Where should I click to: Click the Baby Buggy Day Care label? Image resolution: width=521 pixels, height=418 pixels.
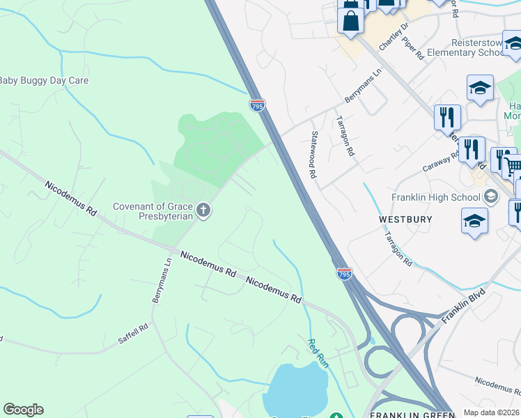coord(44,81)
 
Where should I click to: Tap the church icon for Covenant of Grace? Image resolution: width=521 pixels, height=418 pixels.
coord(203,210)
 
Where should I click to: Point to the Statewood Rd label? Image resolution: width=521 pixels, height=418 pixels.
coord(314,154)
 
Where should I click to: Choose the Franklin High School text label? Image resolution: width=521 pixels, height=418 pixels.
coord(437,197)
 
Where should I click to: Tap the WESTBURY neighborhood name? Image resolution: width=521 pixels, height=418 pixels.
coord(405,219)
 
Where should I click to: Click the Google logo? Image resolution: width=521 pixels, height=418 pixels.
coord(23,410)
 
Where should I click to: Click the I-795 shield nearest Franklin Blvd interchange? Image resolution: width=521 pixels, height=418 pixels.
coord(344,274)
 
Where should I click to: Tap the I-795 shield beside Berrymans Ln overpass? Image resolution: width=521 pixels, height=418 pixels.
coord(257,105)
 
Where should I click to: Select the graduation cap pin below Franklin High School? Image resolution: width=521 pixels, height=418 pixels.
coord(474,221)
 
